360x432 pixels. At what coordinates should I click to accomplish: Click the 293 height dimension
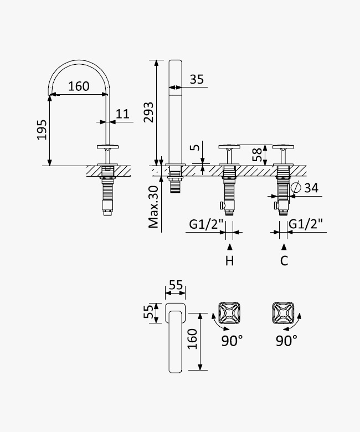click(x=148, y=112)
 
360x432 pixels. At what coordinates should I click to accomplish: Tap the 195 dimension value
click(x=42, y=130)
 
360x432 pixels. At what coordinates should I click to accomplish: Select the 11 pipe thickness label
click(x=122, y=114)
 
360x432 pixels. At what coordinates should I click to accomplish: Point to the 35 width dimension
click(x=197, y=79)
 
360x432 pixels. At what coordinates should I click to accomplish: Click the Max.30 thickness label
click(x=153, y=207)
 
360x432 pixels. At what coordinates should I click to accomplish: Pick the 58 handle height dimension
click(x=257, y=155)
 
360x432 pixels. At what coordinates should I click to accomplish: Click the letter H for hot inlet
click(x=229, y=261)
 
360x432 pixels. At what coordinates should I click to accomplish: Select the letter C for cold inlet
click(x=284, y=261)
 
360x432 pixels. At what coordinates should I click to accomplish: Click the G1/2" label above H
click(x=206, y=224)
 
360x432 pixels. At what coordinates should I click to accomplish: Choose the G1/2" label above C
click(x=306, y=224)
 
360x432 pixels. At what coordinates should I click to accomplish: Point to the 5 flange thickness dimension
click(x=195, y=147)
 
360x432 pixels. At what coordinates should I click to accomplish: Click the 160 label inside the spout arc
click(x=79, y=86)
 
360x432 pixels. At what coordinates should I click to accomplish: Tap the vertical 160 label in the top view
click(x=193, y=339)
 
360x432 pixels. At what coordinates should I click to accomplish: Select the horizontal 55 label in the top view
click(x=176, y=285)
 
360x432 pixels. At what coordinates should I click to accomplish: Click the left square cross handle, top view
click(x=229, y=313)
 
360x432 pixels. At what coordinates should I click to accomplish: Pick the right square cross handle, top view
click(x=283, y=313)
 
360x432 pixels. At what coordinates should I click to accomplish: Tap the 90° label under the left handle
click(x=232, y=341)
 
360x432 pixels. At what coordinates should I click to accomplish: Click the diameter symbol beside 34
click(x=296, y=188)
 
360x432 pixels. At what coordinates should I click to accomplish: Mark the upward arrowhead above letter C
click(x=284, y=246)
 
